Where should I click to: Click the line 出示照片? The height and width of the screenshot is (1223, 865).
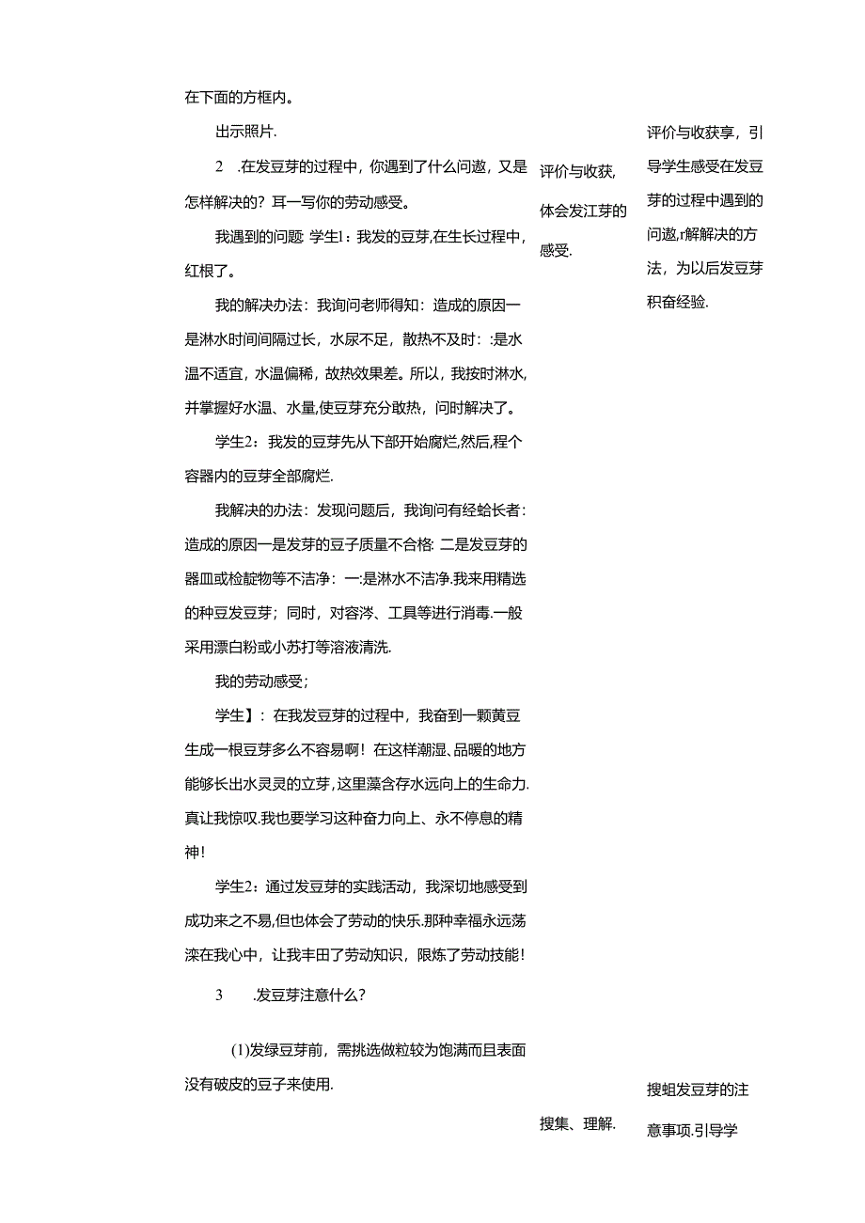[x=246, y=132]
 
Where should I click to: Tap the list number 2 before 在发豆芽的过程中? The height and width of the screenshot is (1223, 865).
[x=220, y=167]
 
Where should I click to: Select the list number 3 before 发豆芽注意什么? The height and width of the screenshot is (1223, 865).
[x=219, y=996]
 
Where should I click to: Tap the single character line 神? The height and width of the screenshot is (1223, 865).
[x=195, y=853]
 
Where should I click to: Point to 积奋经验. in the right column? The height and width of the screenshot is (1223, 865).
[x=678, y=302]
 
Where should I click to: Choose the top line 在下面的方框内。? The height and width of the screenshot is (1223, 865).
[x=239, y=96]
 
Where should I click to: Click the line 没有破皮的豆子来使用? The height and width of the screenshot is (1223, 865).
[x=259, y=1084]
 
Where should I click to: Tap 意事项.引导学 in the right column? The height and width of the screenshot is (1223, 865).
[x=692, y=1131]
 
